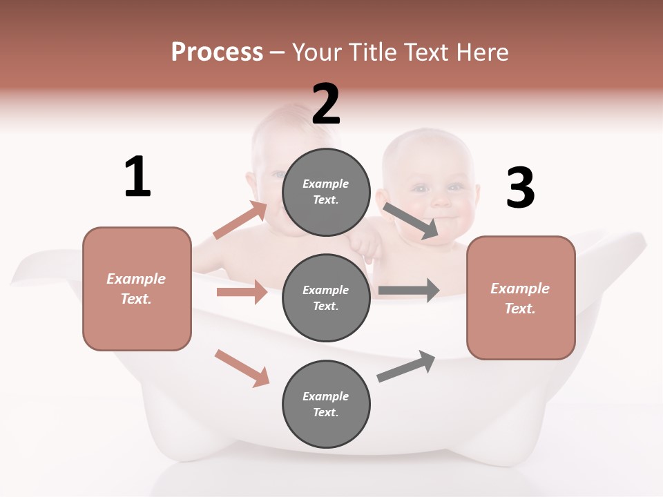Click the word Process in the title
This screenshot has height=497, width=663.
tap(217, 52)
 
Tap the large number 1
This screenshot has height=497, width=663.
tap(137, 177)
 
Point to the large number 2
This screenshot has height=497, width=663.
tap(326, 104)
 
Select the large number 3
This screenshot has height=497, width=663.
tap(520, 188)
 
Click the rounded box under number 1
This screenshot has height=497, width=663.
tap(137, 289)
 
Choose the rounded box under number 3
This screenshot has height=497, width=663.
tap(521, 298)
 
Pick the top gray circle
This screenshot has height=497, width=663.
tap(326, 192)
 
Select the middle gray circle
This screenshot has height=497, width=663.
tap(326, 298)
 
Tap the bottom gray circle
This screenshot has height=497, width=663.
tap(326, 404)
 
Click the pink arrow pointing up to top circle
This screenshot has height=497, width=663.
tap(240, 220)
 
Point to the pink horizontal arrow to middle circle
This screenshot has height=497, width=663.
tap(242, 292)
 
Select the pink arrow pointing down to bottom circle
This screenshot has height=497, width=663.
tap(242, 368)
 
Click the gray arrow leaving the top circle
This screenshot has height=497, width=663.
tap(411, 220)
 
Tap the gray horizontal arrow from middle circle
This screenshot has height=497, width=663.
tap(408, 290)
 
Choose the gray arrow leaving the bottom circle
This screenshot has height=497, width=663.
tap(406, 366)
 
